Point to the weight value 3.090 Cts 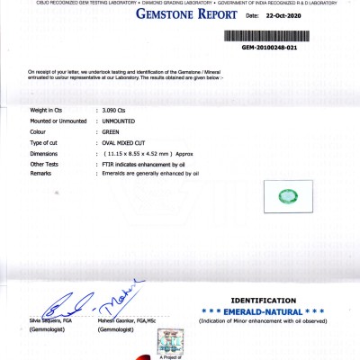[x=116, y=108]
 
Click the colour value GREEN [x=112, y=131]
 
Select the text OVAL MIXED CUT [x=127, y=143]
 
